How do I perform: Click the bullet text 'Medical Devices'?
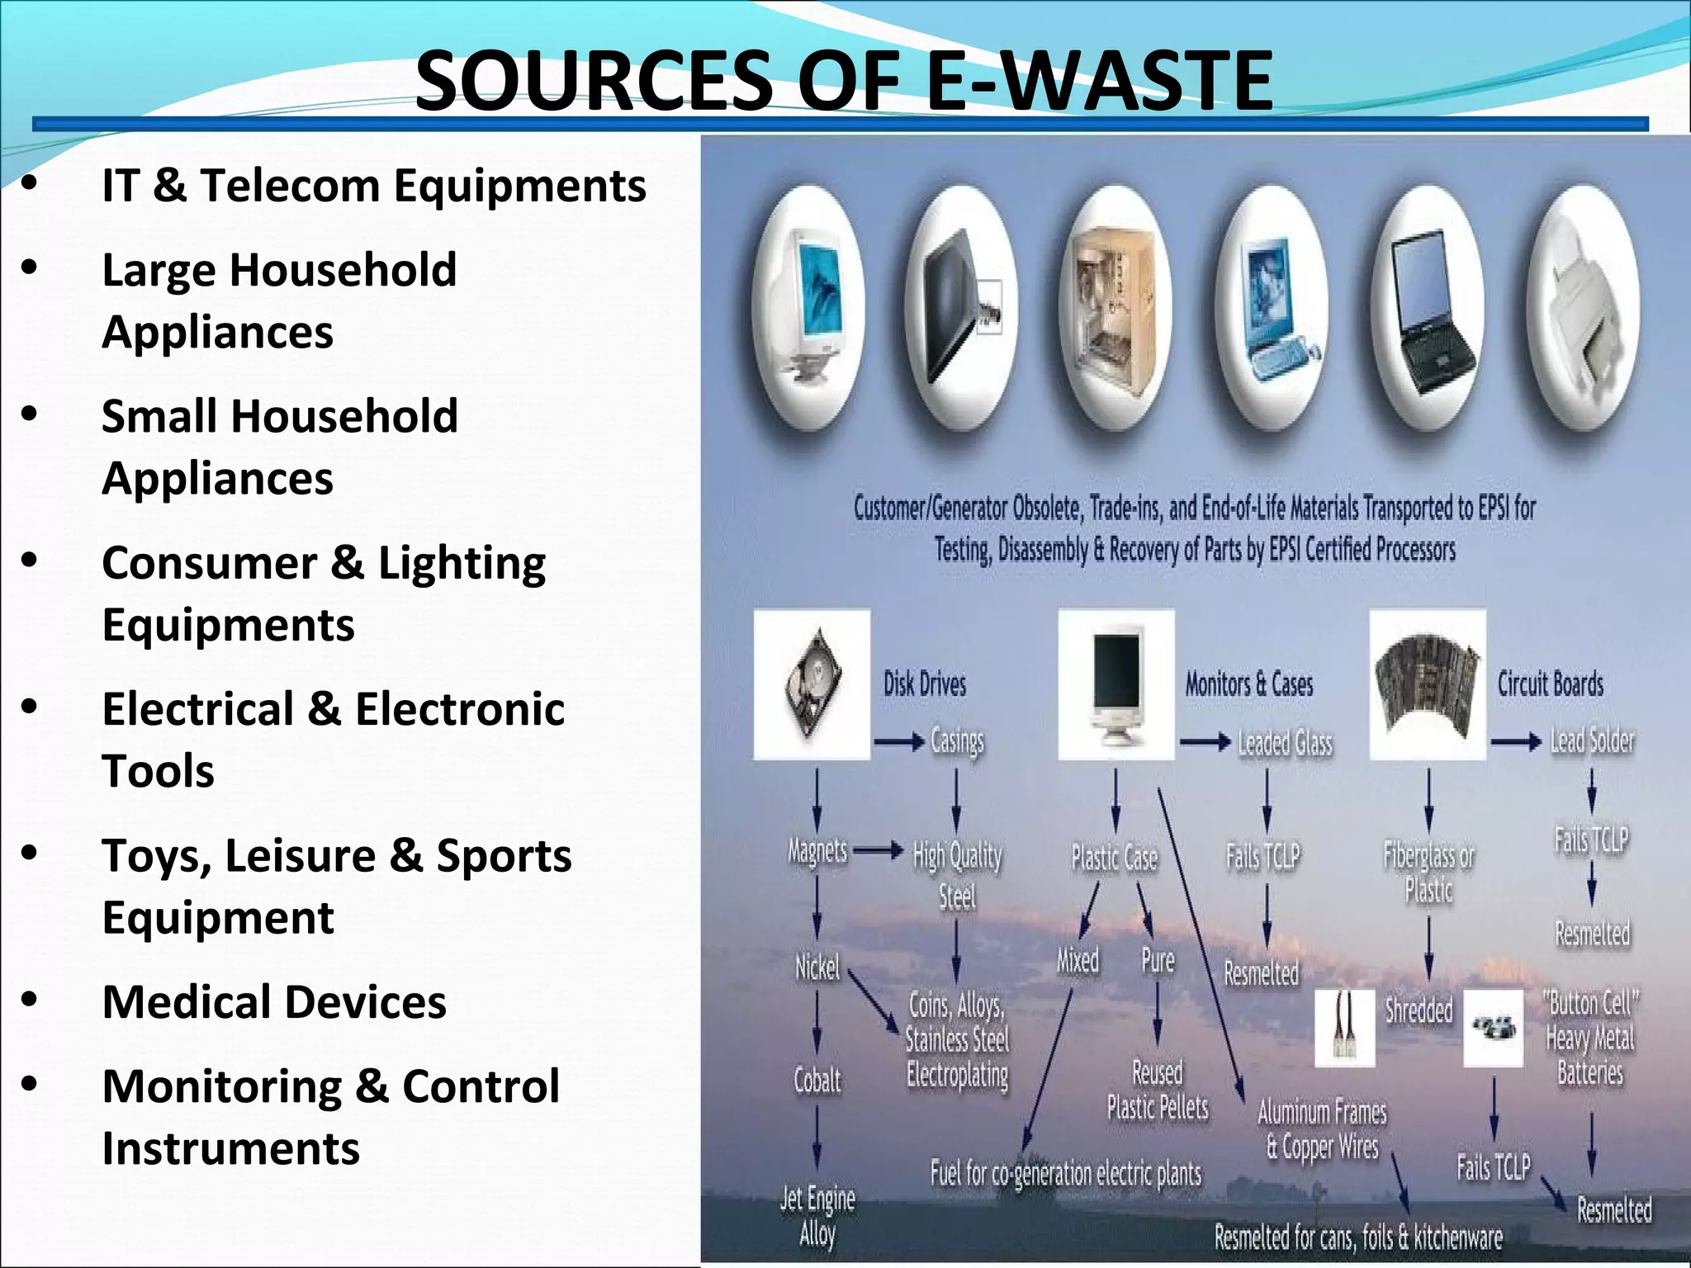tap(273, 1001)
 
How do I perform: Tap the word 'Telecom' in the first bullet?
tap(290, 185)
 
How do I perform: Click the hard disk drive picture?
tap(812, 684)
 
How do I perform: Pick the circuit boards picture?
tap(1427, 684)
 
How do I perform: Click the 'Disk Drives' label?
tap(925, 684)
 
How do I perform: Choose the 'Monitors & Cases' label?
tap(1248, 684)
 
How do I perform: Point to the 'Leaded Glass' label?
tap(1285, 743)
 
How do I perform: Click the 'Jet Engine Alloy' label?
tap(817, 1215)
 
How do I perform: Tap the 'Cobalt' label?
tap(817, 1080)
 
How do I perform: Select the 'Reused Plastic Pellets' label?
tap(1158, 1090)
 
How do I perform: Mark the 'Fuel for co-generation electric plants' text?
tap(1065, 1173)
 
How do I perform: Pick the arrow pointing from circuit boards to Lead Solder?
tap(1516, 742)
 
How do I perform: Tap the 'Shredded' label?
tap(1419, 1010)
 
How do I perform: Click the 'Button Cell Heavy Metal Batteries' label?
tap(1590, 1037)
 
